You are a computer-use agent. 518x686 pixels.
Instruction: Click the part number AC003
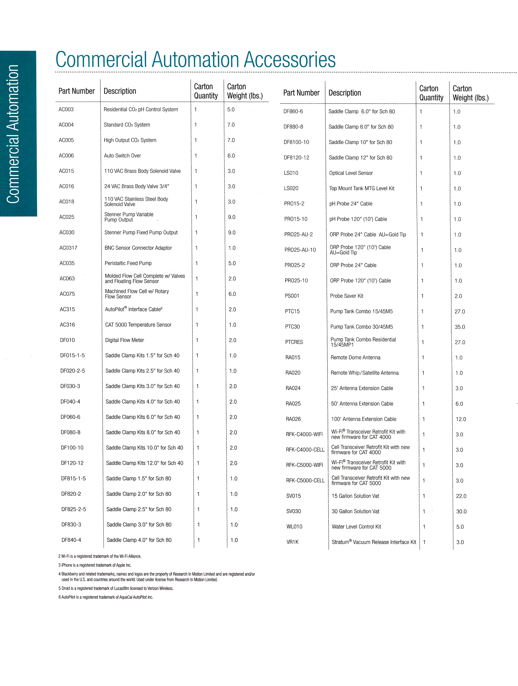[66, 110]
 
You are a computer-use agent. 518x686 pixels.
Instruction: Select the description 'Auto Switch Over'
[122, 156]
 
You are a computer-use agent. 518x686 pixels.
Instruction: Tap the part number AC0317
[68, 248]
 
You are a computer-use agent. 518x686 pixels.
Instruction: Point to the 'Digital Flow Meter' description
[124, 340]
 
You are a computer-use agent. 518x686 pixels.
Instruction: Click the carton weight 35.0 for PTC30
[460, 327]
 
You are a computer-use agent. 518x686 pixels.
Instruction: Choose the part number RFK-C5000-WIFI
[304, 465]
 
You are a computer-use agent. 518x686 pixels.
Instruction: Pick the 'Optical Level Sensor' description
[351, 173]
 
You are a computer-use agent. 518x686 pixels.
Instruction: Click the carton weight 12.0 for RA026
[461, 419]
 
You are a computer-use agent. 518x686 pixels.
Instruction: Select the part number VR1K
[292, 542]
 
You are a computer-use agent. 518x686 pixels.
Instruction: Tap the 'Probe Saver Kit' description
[346, 296]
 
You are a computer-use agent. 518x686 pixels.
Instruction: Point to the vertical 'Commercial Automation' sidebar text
[13, 134]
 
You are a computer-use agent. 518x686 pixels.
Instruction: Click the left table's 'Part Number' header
[77, 91]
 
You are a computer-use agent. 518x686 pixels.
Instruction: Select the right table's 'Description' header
[345, 93]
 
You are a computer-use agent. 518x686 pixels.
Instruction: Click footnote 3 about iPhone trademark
[95, 565]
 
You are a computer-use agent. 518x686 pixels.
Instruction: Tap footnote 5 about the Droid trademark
[116, 588]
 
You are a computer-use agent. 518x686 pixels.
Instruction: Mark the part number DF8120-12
[296, 158]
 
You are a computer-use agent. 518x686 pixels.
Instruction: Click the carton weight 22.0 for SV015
[461, 496]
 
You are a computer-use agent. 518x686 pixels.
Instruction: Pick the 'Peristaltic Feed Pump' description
[128, 263]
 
